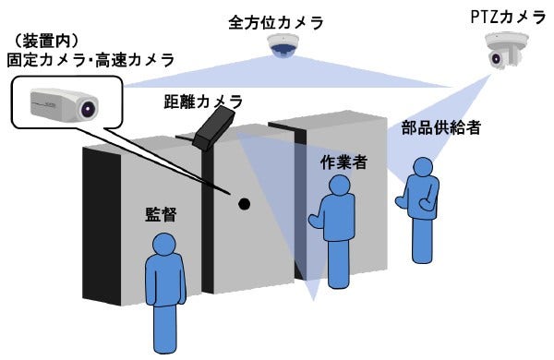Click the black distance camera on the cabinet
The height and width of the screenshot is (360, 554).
214,126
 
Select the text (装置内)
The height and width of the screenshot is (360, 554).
47,42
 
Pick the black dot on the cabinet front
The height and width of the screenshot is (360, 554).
244,203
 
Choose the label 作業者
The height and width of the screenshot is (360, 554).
343,162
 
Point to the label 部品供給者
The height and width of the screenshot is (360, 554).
440,128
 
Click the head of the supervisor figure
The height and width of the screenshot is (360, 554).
164,246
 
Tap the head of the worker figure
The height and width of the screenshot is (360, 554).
341,186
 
